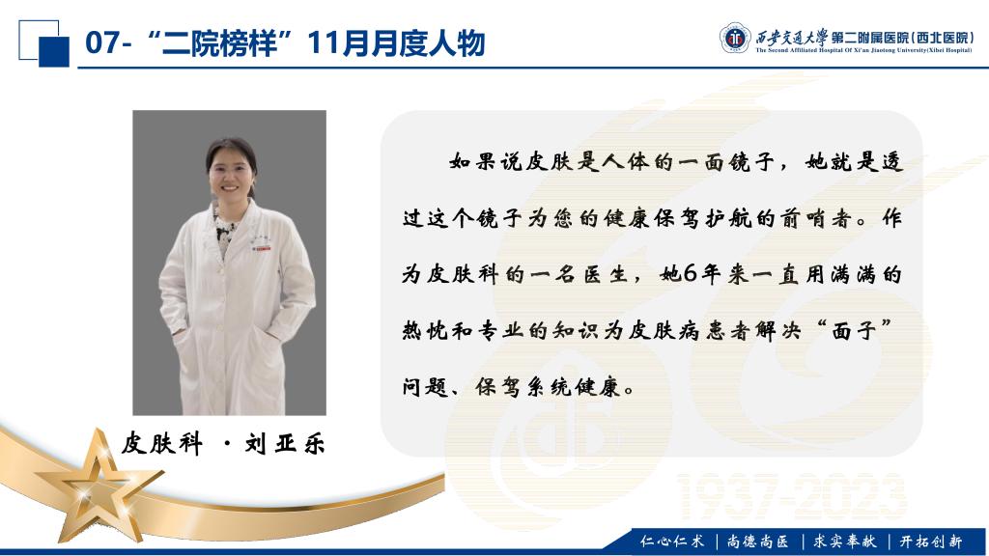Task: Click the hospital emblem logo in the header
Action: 735,38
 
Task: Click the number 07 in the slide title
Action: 101,42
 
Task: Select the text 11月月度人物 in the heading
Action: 396,42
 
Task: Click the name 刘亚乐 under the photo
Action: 285,444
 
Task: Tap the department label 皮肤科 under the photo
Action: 162,444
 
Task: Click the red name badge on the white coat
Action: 262,249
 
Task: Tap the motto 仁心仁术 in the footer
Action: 672,541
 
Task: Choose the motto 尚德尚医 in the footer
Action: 757,541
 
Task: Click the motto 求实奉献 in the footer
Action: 844,541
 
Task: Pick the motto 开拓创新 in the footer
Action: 930,541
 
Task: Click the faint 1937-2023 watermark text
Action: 792,496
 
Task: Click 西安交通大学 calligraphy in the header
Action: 792,37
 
